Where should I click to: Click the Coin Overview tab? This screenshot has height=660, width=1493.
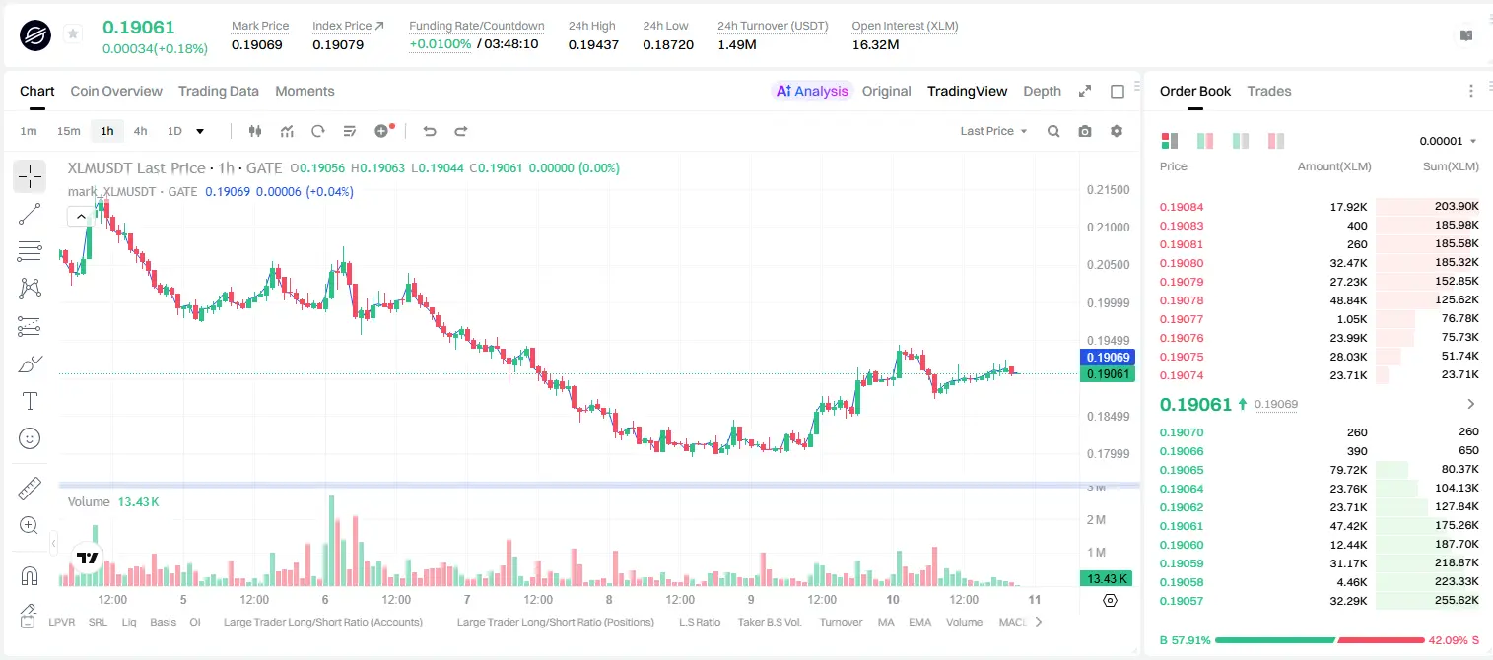116,91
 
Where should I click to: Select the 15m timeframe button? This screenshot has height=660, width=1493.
68,131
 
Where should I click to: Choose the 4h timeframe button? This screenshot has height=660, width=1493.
140,131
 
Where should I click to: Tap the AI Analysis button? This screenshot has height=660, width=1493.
812,91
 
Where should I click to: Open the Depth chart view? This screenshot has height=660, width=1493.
1042,91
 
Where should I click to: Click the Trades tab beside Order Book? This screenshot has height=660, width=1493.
1269,91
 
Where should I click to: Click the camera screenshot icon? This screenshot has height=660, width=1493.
1085,131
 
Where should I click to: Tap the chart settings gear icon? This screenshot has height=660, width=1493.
1117,131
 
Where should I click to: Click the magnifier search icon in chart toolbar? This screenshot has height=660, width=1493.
1053,131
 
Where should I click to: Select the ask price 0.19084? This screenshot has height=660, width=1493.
1181,207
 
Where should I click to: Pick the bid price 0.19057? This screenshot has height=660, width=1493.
1181,601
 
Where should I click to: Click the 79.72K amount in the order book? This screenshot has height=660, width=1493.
1348,470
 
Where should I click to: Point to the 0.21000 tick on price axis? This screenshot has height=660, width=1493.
1108,228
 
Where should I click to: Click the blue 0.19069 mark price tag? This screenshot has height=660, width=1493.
1108,357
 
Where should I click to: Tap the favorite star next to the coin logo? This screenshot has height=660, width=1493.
73,33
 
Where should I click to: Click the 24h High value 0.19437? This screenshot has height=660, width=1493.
593,44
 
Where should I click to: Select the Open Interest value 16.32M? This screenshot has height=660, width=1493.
875,44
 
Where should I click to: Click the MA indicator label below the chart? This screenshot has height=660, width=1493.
886,622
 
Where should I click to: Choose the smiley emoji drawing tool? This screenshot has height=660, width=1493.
30,438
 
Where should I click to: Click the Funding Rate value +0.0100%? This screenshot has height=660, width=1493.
440,44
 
